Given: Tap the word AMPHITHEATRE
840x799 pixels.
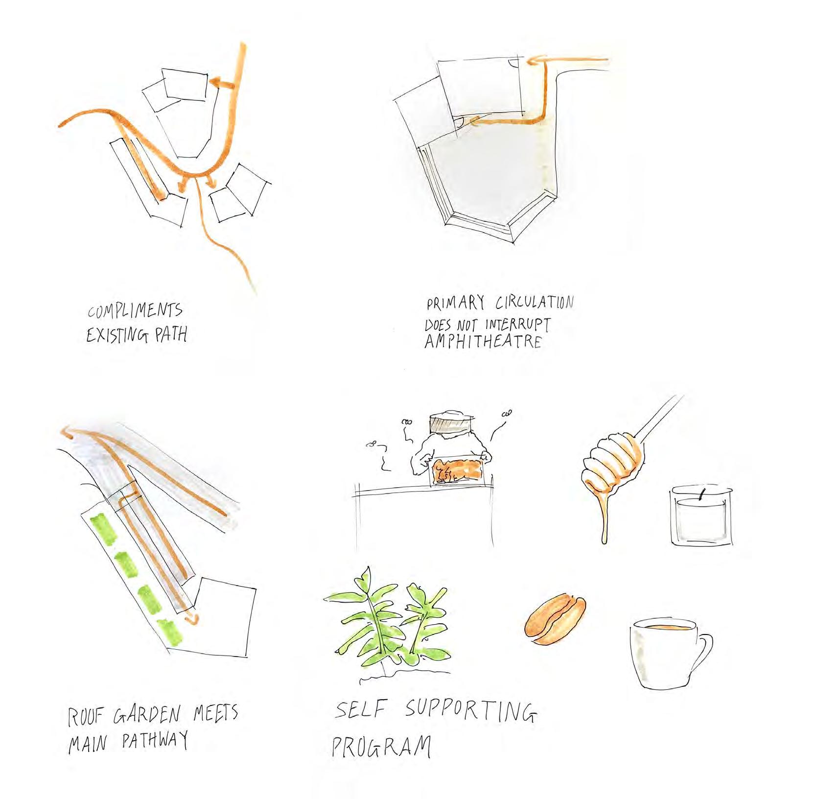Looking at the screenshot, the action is click(x=483, y=340).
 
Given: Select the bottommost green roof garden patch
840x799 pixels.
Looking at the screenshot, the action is click(x=169, y=631).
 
